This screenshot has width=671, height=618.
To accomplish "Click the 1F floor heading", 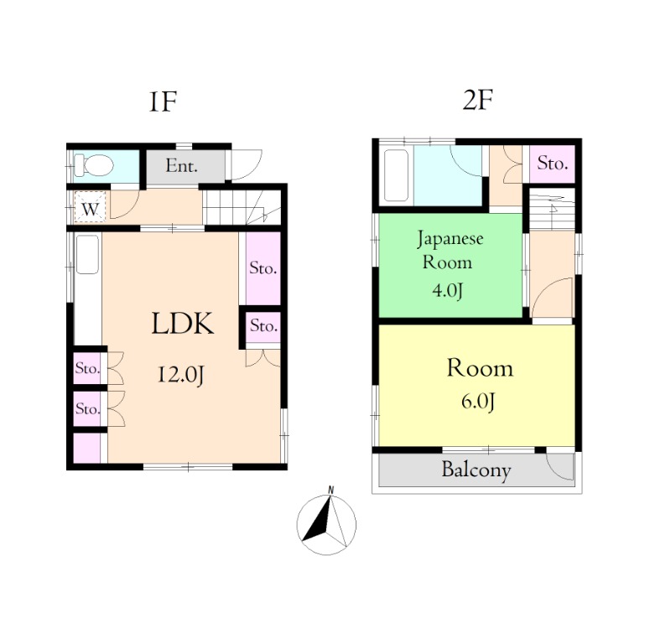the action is pos(163,101).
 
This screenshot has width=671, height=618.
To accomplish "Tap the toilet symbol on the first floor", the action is pos(93,165).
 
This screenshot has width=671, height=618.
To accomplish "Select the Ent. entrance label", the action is pos(181,165).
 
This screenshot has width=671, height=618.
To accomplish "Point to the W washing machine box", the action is pos(90,207).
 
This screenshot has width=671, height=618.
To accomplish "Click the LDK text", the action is pos(182,324).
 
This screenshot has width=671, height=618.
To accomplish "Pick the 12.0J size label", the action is pos(181,375).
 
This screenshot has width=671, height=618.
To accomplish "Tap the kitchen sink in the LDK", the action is pos(88,254).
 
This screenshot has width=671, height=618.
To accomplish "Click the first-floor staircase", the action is pos(242,207).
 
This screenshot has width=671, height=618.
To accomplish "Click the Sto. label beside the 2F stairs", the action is pos(553,164).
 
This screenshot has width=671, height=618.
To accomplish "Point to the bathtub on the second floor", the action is pos(396,175).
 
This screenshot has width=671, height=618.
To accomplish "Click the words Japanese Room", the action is pos(450,250).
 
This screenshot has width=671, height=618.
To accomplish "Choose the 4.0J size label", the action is pos(447,291).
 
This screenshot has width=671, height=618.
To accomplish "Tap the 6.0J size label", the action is pos(478,402).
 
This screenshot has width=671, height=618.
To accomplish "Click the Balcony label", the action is pos(476,470).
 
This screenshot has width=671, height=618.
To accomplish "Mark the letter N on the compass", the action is pos(330,489).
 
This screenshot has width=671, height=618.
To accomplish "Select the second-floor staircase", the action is pos(552,210).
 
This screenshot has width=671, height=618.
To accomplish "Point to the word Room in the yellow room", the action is pos(480,368).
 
